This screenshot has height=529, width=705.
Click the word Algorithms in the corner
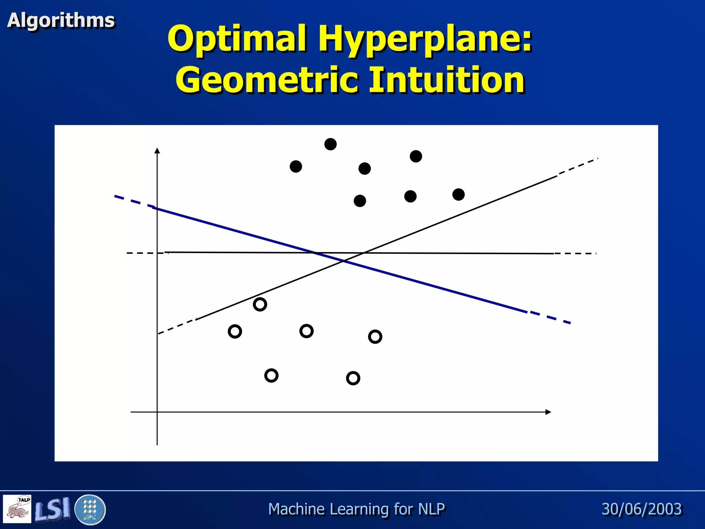coord(61,20)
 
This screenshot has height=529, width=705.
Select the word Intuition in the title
coord(446,80)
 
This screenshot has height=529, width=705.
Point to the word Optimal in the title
coord(236,39)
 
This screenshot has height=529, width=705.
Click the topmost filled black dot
coord(330,144)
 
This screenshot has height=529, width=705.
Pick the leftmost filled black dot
coord(296,167)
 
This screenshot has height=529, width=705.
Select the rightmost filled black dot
coord(458,195)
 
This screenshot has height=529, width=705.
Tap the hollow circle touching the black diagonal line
coord(260,304)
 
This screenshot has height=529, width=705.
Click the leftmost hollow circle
coord(235,332)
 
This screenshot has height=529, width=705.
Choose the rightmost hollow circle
coord(375,336)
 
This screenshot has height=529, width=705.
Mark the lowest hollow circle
coord(353,378)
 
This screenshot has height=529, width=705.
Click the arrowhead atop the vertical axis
coord(157,151)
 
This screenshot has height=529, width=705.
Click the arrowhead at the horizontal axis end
coord(548,412)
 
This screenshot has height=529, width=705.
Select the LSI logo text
coord(52,509)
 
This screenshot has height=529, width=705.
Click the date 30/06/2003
coord(641,509)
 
